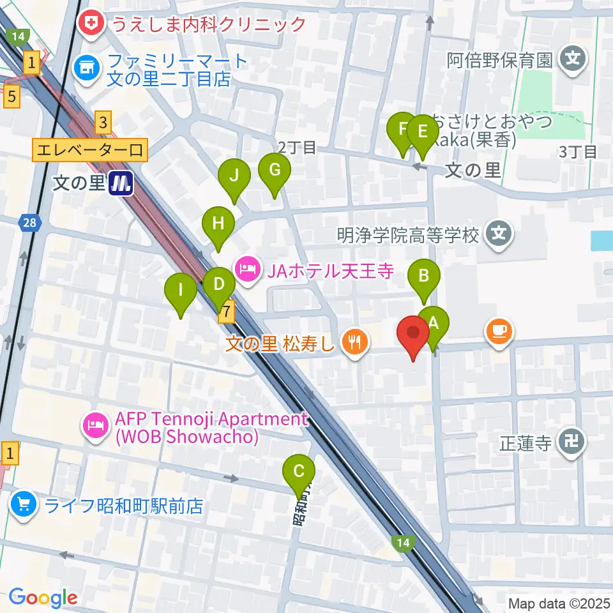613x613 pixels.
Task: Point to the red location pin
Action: pos(413,336)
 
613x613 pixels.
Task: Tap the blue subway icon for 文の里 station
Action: pos(120,184)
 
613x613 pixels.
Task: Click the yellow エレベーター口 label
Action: pos(91,151)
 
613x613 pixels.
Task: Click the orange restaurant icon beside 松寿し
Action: pos(353,343)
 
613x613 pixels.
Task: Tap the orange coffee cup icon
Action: pos(499,331)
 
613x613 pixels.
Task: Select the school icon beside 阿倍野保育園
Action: pos(571,61)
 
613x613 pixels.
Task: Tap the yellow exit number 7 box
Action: pos(226,312)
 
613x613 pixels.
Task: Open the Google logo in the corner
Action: pos(43,598)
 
